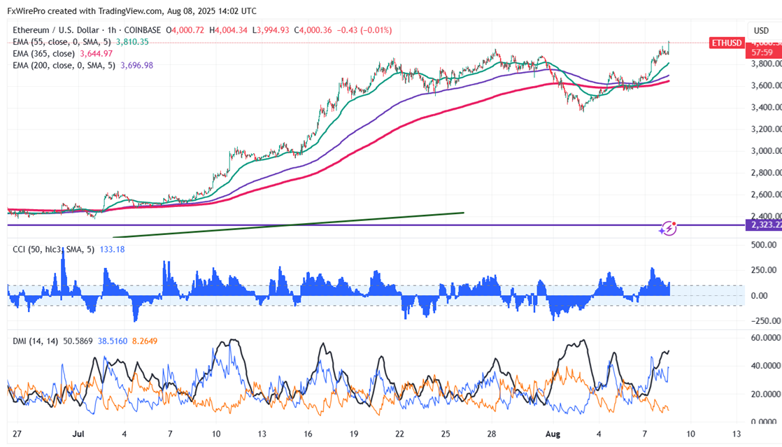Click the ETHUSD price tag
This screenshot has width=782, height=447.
(x=726, y=43)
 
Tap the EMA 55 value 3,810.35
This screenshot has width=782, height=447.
(x=132, y=42)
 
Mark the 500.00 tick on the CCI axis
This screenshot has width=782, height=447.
(x=764, y=246)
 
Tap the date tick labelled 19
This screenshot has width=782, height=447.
(x=354, y=434)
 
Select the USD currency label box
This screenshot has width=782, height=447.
(x=762, y=30)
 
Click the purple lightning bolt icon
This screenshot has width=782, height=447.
(x=668, y=227)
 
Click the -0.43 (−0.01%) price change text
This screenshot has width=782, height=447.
(x=364, y=30)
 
